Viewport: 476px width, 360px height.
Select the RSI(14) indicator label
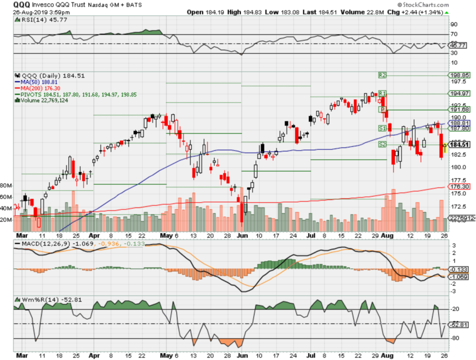tap(33, 20)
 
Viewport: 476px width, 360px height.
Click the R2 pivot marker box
tap(382, 75)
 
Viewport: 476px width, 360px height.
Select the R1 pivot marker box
tap(382, 93)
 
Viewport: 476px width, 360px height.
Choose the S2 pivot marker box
tap(382, 145)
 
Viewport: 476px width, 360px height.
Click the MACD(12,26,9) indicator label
tap(42, 244)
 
